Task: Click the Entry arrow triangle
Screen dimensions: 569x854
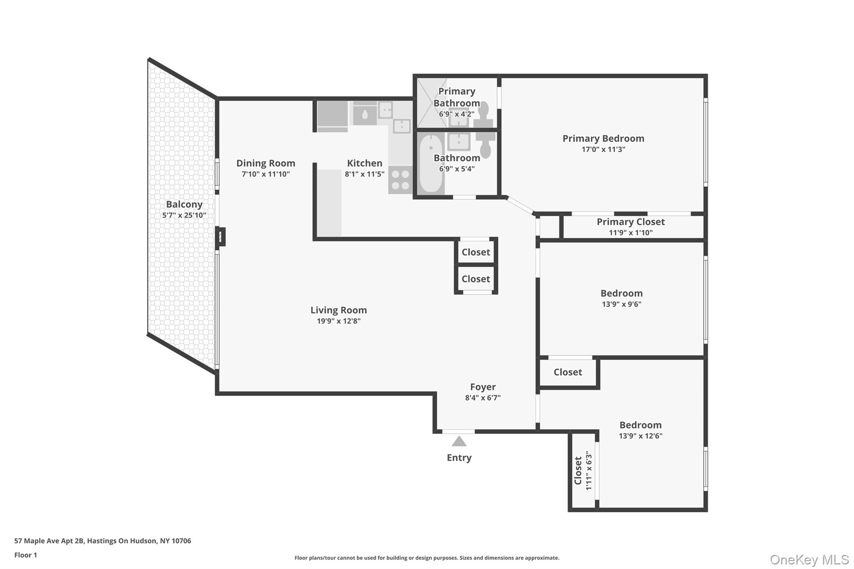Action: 459,441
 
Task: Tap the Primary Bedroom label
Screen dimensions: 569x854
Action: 603,138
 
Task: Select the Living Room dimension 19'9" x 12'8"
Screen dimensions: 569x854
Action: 338,321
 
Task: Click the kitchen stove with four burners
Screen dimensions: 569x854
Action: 400,180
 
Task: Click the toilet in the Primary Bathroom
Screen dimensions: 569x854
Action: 483,113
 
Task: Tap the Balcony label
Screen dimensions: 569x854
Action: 184,204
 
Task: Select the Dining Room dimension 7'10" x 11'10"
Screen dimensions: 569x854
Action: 266,174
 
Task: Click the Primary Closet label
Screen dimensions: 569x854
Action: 630,222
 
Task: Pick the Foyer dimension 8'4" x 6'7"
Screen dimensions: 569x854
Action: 482,398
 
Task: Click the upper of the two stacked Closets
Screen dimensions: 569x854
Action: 476,252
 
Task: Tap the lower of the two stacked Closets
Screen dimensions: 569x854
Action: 476,279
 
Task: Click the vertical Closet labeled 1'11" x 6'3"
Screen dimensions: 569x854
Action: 583,470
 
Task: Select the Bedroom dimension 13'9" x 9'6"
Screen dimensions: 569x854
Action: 621,304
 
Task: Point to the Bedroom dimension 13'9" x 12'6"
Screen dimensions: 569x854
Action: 640,436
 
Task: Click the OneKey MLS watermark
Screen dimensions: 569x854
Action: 809,559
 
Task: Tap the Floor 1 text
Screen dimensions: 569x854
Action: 26,555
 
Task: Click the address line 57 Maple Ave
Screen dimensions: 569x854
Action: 103,541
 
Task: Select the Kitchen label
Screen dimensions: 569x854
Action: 364,163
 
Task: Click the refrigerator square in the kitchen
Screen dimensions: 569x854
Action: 332,114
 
